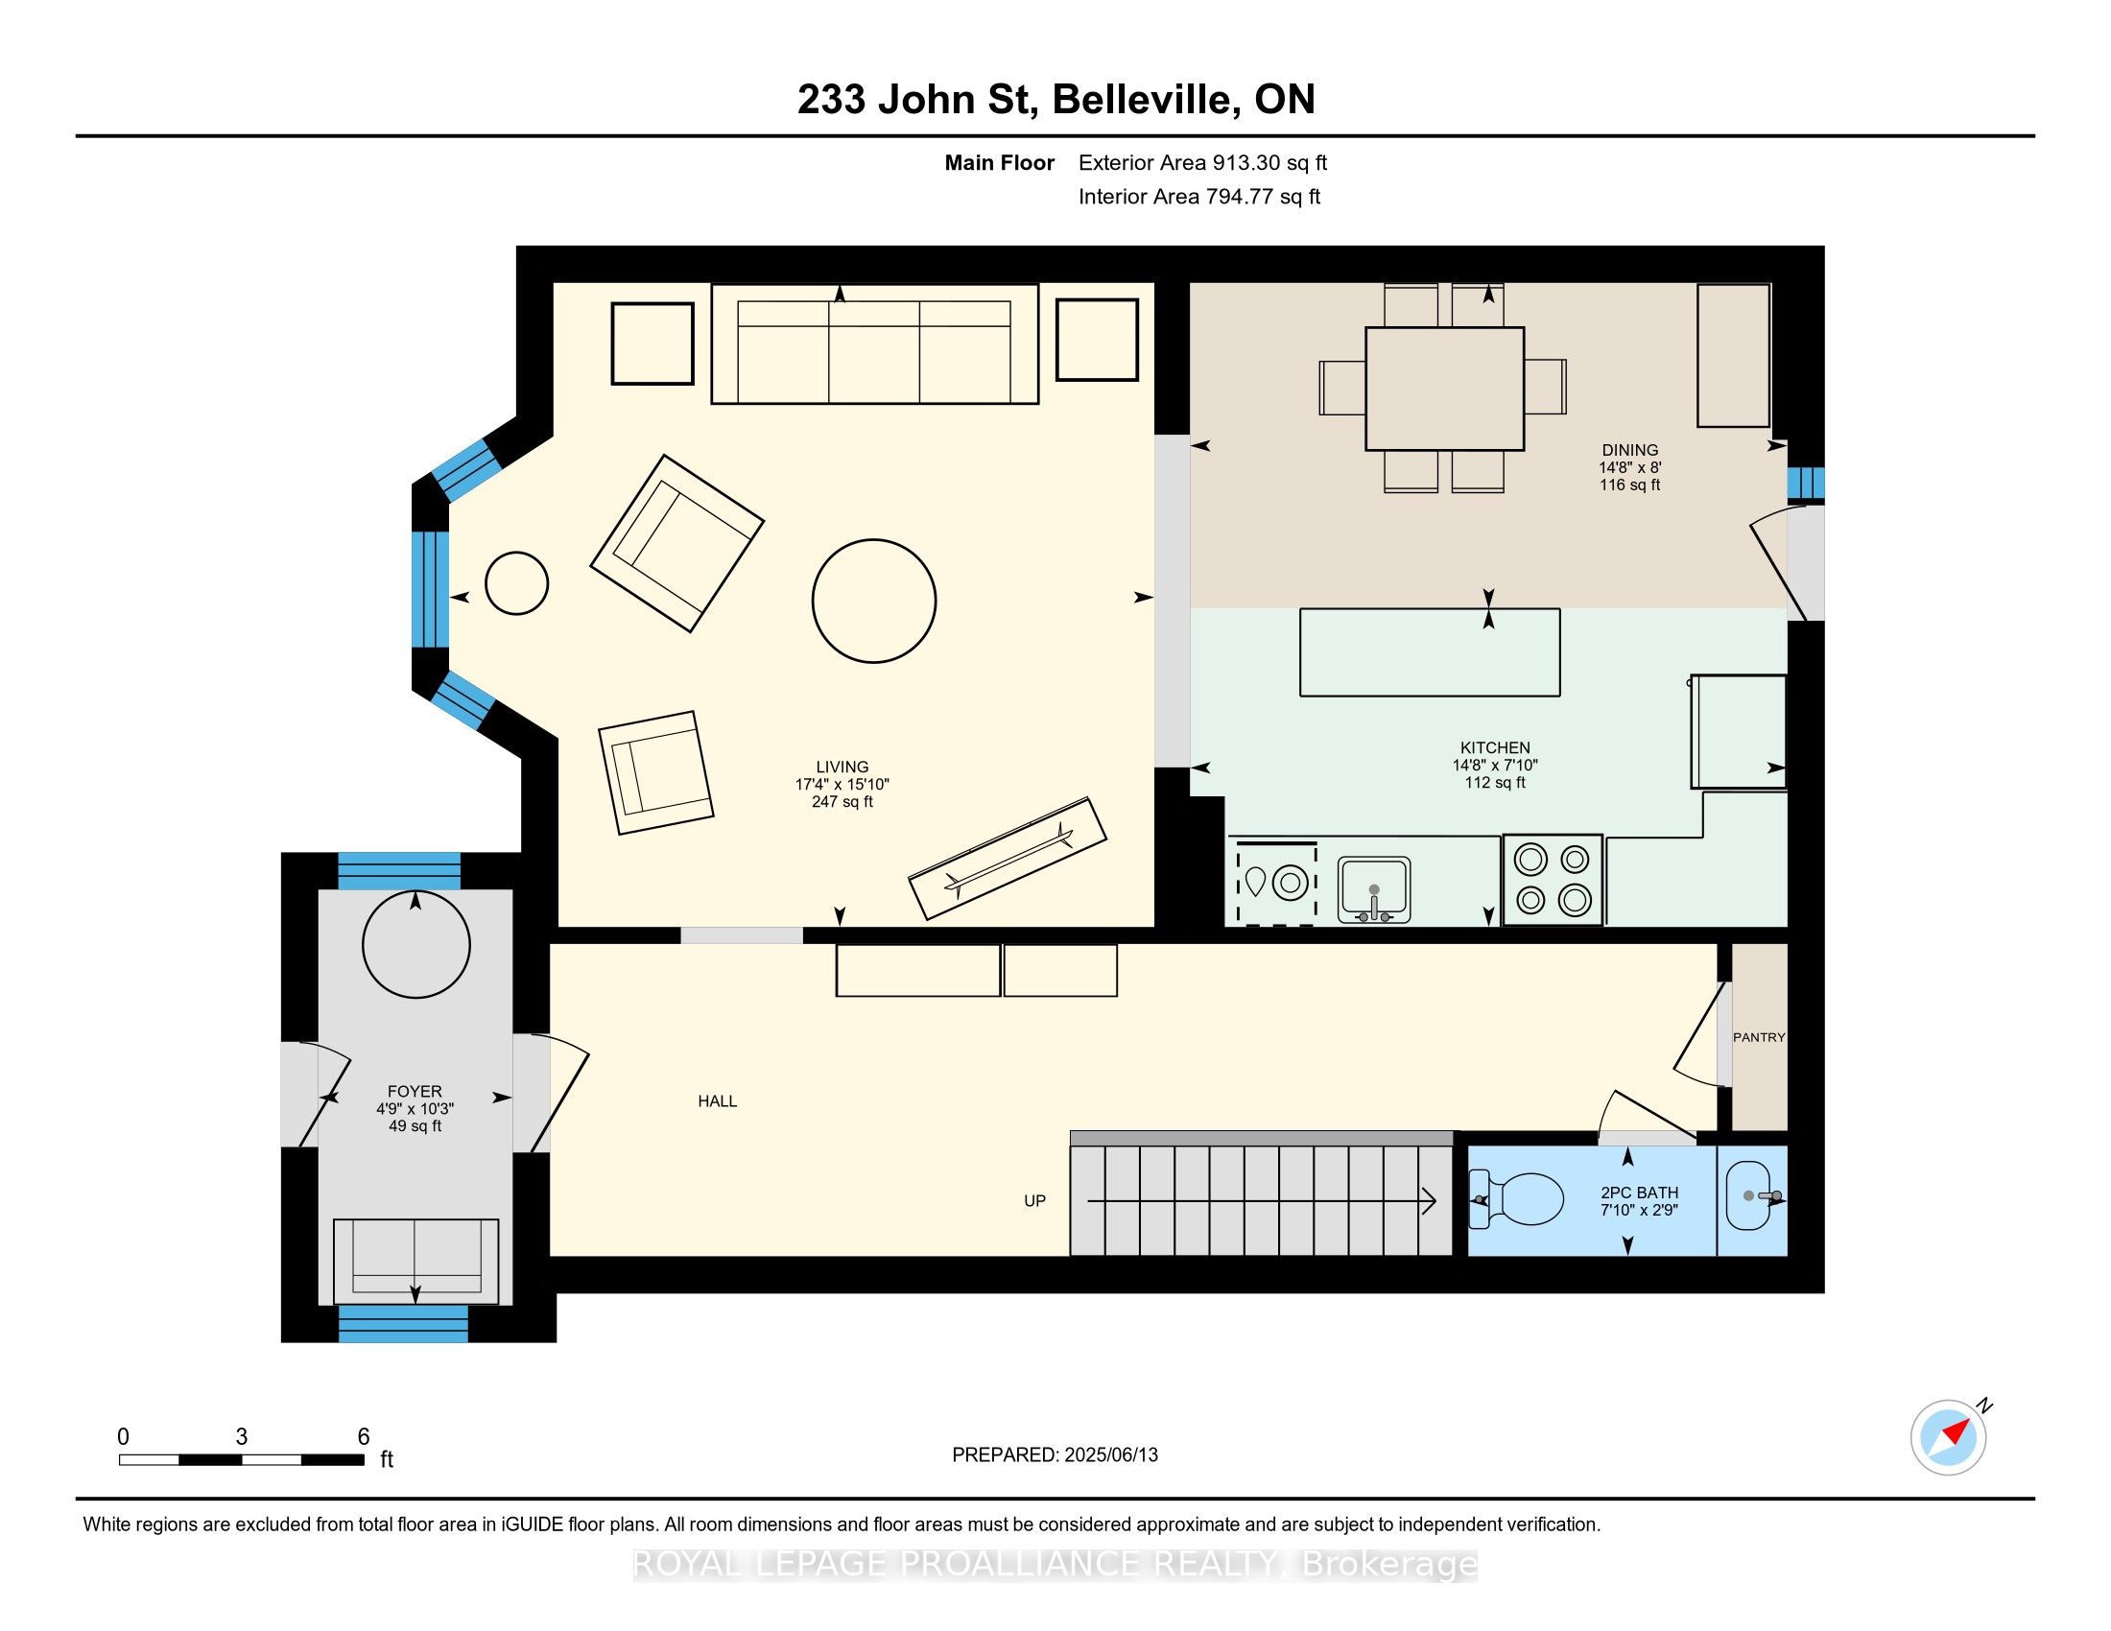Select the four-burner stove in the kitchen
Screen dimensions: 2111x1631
(1553, 880)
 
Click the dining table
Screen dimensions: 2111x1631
(1445, 389)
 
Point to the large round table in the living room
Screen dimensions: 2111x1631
(874, 601)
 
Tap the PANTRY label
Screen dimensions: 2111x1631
(1759, 1037)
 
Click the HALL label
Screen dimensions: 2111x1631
(717, 1100)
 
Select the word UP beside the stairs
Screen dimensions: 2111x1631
(1035, 1201)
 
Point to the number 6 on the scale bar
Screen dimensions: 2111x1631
(364, 1437)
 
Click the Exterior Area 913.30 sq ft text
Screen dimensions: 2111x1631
(1203, 163)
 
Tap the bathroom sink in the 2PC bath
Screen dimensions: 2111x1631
(1750, 1196)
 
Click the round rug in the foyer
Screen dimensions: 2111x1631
(415, 945)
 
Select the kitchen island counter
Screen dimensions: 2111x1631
(1430, 652)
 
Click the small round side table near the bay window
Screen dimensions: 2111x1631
(516, 583)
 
